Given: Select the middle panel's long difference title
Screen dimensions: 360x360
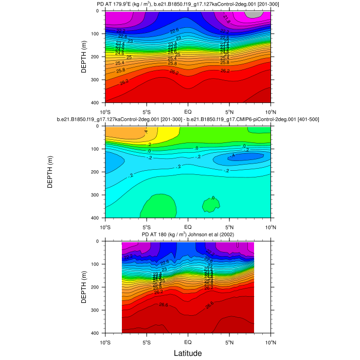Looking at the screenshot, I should [x=188, y=120].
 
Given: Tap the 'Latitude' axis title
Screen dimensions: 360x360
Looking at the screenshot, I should [x=187, y=353].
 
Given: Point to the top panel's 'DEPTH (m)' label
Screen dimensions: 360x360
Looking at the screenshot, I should [x=83, y=57].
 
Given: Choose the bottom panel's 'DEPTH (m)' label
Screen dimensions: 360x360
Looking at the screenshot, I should [x=83, y=287].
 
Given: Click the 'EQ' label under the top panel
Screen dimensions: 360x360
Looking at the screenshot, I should [x=188, y=111].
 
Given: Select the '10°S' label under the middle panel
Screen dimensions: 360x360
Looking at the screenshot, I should [x=105, y=226].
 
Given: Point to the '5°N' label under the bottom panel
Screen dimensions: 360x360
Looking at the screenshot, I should [x=229, y=341].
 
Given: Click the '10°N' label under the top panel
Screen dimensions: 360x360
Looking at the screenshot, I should [x=271, y=111].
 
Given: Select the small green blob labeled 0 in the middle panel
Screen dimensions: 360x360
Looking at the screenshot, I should [x=211, y=205].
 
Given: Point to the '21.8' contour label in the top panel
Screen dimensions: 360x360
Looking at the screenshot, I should [x=227, y=19].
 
